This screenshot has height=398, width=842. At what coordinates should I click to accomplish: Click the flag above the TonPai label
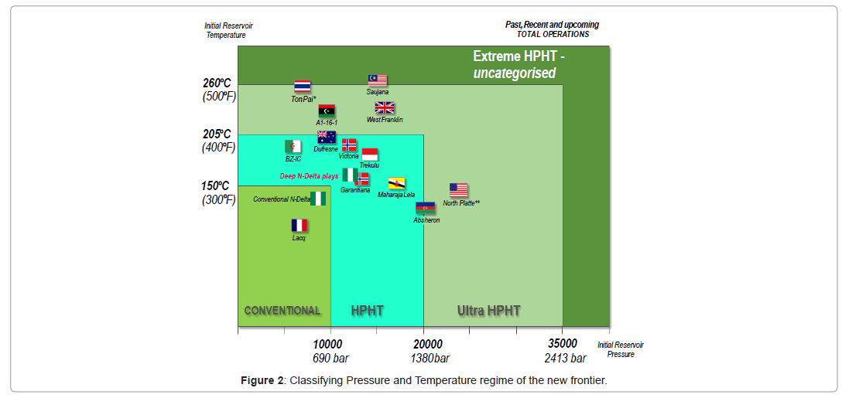pyautogui.click(x=302, y=87)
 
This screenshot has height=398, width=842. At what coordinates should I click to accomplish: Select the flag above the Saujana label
pyautogui.click(x=377, y=80)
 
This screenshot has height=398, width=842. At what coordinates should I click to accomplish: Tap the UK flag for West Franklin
pyautogui.click(x=385, y=108)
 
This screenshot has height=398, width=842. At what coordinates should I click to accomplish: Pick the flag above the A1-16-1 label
pyautogui.click(x=327, y=111)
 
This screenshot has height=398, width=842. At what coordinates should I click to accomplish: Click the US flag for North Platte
pyautogui.click(x=459, y=190)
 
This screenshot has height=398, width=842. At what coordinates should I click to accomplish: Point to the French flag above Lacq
pyautogui.click(x=299, y=225)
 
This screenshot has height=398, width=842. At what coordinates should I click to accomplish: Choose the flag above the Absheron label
pyautogui.click(x=426, y=208)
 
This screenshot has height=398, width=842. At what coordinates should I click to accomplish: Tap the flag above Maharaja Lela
pyautogui.click(x=396, y=184)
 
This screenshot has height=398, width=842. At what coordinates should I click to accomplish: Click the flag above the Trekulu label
pyautogui.click(x=370, y=154)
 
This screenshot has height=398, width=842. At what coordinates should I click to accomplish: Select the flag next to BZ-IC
pyautogui.click(x=293, y=146)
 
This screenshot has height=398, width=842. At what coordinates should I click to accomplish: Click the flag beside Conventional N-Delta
pyautogui.click(x=318, y=199)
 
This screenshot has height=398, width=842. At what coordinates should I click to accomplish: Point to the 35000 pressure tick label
pyautogui.click(x=563, y=344)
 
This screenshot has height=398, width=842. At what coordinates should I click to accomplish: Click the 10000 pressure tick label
pyautogui.click(x=328, y=344)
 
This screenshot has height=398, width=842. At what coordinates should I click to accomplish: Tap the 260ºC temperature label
pyautogui.click(x=217, y=83)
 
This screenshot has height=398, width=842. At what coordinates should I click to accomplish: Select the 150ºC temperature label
pyautogui.click(x=215, y=185)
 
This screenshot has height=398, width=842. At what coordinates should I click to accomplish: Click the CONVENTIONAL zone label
pyautogui.click(x=282, y=311)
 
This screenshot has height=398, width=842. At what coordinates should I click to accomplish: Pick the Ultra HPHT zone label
pyautogui.click(x=488, y=311)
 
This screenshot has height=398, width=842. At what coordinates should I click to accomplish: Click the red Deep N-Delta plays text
pyautogui.click(x=309, y=176)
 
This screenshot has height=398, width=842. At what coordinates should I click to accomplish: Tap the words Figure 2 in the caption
pyautogui.click(x=262, y=381)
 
